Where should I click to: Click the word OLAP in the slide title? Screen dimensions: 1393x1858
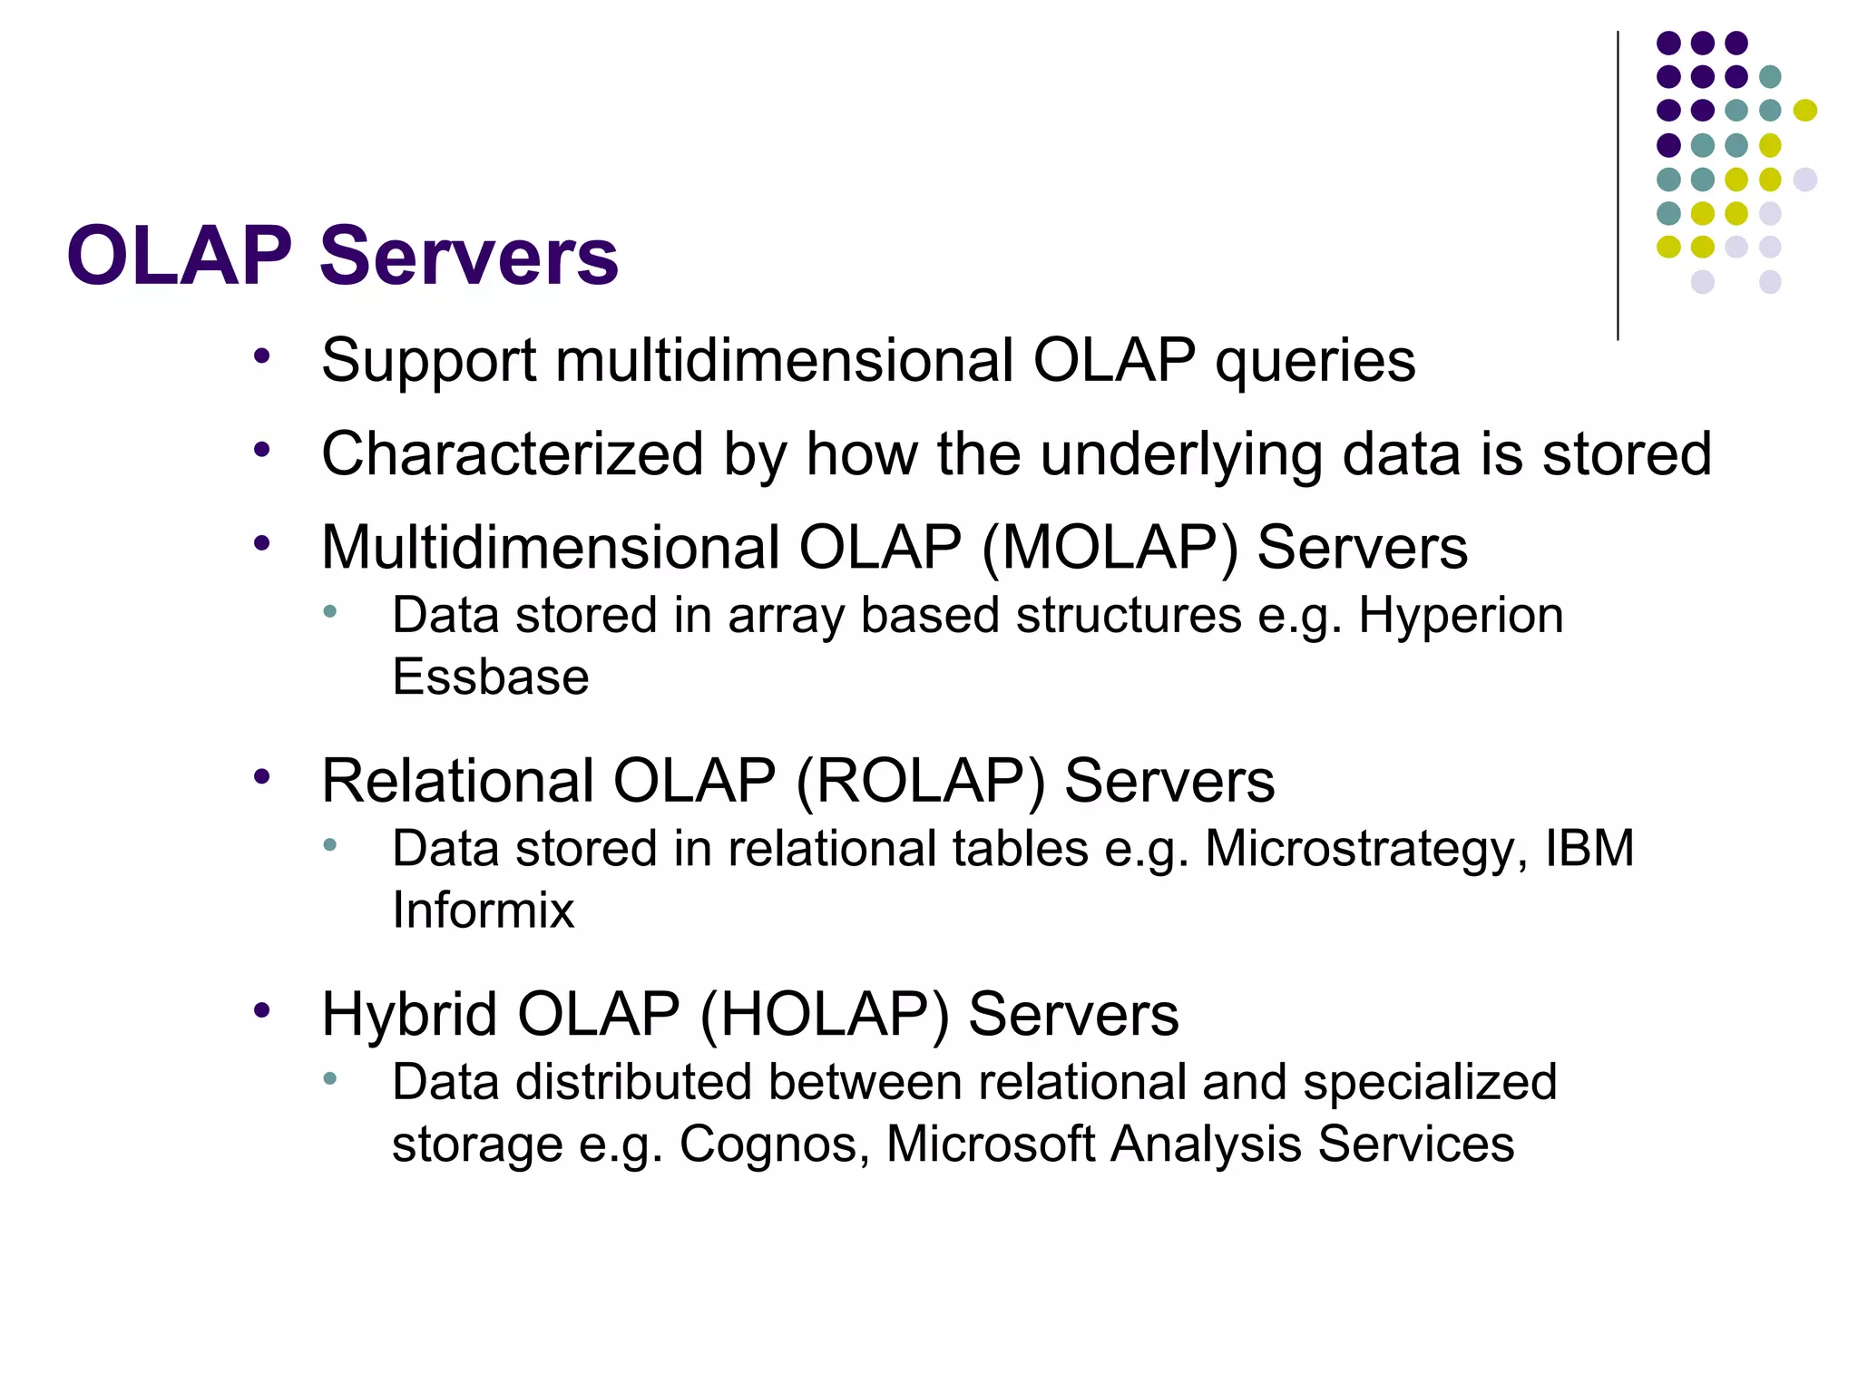point(180,257)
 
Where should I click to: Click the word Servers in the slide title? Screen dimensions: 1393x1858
point(469,257)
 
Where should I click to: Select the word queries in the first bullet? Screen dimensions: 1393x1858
point(1315,362)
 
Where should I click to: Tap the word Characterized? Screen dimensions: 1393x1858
point(512,454)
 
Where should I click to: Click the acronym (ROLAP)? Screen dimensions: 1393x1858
point(921,782)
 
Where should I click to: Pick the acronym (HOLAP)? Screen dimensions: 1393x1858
point(825,1015)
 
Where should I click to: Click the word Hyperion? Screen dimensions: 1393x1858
point(1461,616)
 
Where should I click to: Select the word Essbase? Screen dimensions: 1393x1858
point(491,677)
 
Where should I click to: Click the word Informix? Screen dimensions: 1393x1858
point(484,911)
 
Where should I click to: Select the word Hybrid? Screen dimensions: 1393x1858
point(409,1015)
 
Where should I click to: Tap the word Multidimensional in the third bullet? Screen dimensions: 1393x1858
point(550,549)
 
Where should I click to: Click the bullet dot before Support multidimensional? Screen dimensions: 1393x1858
point(262,356)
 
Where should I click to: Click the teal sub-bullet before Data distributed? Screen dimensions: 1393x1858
point(330,1079)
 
